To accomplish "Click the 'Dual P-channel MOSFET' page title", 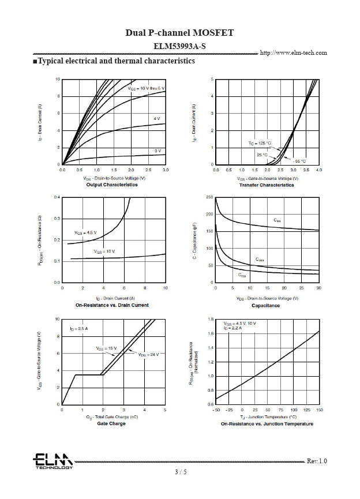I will click(180, 33).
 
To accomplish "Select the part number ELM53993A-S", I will click(180, 46).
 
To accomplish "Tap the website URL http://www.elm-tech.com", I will click(294, 53).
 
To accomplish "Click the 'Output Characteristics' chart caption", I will click(112, 185).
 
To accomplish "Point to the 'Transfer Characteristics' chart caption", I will click(265, 185).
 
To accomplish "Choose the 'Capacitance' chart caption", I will click(265, 305).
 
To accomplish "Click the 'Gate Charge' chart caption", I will click(112, 423).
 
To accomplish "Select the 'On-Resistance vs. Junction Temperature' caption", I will click(267, 424).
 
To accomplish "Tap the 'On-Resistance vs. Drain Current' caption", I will click(112, 305).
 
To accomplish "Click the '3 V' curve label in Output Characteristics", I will click(157, 151).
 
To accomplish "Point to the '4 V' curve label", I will click(156, 118).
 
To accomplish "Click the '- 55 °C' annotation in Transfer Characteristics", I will click(298, 161).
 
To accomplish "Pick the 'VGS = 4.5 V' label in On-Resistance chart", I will click(85, 232).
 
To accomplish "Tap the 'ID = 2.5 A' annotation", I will click(78, 328).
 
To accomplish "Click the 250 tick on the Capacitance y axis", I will click(209, 197).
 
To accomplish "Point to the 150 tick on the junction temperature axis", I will click(320, 410).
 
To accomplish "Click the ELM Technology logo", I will click(52, 460).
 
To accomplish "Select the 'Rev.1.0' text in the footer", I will click(317, 461).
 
